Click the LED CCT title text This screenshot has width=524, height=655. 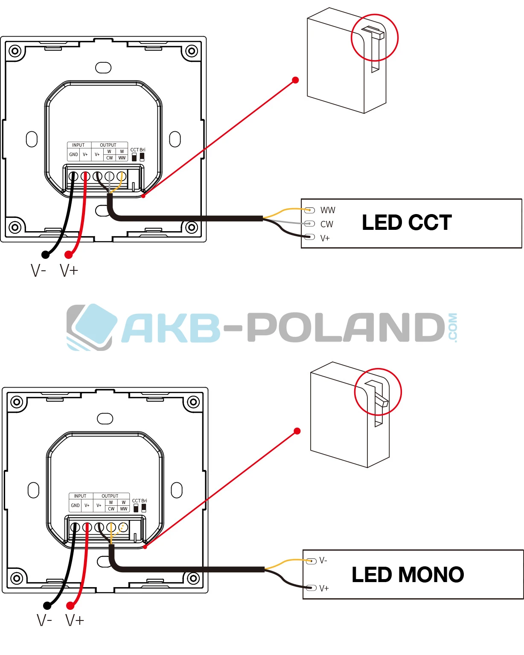[407, 223]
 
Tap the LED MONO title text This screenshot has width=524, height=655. [408, 575]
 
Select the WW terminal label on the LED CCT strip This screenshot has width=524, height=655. [328, 210]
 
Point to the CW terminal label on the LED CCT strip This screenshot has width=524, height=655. [326, 224]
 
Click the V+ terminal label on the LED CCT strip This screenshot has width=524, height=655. [325, 238]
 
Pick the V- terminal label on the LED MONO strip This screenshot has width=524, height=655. [323, 560]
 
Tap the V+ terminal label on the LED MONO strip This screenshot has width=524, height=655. [324, 588]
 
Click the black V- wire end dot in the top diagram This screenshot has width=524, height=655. [45, 255]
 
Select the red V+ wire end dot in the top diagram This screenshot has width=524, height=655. [68, 255]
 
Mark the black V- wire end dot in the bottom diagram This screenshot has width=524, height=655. [47, 606]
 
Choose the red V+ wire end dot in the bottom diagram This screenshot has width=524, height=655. [70, 606]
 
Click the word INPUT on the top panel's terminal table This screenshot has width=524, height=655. [79, 145]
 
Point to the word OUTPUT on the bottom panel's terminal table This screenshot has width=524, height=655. [110, 496]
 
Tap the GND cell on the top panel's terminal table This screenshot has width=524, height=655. [73, 154]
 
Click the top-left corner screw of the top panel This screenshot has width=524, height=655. [15, 51]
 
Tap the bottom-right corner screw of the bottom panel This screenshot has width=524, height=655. [193, 578]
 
